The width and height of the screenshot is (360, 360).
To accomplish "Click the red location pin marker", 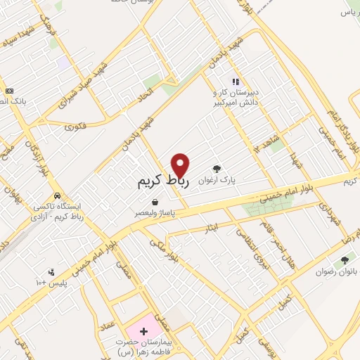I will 181,165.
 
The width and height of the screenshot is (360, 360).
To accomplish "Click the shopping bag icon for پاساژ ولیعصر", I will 154,201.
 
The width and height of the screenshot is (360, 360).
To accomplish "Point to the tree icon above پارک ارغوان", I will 217,169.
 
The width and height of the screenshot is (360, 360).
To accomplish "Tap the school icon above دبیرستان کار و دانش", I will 236,82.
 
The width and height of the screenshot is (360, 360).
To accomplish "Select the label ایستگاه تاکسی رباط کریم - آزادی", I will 59,212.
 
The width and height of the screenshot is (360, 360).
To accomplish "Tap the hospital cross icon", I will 144,330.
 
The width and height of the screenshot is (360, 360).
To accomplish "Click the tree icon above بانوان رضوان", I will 345,260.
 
